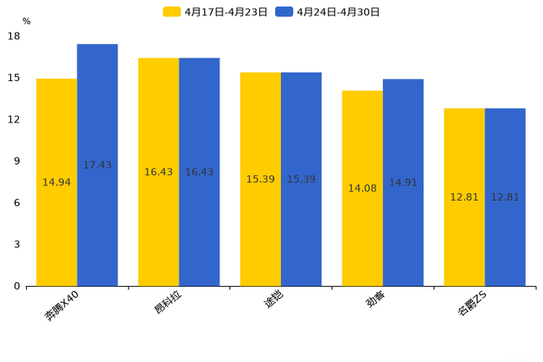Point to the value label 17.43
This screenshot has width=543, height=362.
tap(97, 166)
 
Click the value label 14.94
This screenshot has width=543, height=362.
tap(56, 182)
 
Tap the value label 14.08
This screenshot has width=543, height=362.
tap(362, 188)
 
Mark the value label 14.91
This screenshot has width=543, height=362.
tap(403, 182)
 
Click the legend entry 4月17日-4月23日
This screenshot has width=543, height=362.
tap(215, 12)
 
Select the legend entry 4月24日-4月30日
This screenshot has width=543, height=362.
tap(328, 12)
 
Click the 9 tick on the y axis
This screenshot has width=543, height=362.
tap(16, 161)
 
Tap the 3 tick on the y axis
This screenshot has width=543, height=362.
tap(16, 244)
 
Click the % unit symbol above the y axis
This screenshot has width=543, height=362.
tap(26, 21)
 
